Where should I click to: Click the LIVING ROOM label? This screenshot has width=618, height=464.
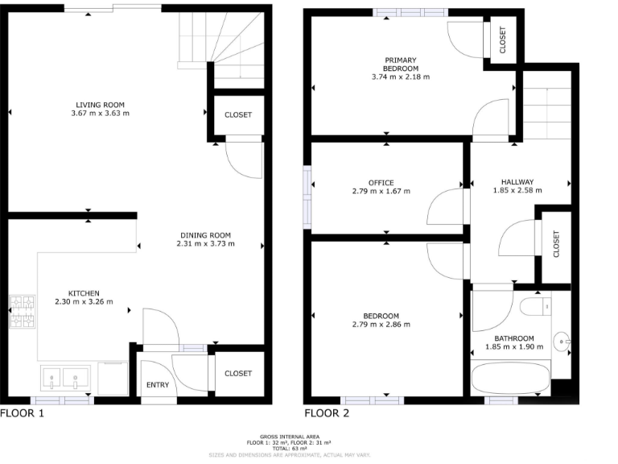[100, 105]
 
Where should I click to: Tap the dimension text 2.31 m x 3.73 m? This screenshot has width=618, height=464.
[204, 243]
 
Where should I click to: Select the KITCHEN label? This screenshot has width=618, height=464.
[83, 293]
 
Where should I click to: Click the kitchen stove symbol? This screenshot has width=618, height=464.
[23, 314]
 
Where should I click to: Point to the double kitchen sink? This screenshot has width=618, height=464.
[64, 378]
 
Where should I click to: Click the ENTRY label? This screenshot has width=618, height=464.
[158, 385]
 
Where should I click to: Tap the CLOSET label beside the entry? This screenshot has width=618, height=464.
[238, 373]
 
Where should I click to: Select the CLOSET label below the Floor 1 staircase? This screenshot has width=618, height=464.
[238, 115]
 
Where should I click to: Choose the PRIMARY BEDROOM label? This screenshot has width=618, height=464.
[400, 64]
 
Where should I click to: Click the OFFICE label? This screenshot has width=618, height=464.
[381, 182]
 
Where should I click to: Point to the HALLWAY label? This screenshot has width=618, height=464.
[517, 182]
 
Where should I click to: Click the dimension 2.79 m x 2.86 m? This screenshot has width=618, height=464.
[381, 325]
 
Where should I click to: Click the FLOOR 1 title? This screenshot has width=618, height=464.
[23, 414]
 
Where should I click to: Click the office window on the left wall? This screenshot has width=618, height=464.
[307, 191]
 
